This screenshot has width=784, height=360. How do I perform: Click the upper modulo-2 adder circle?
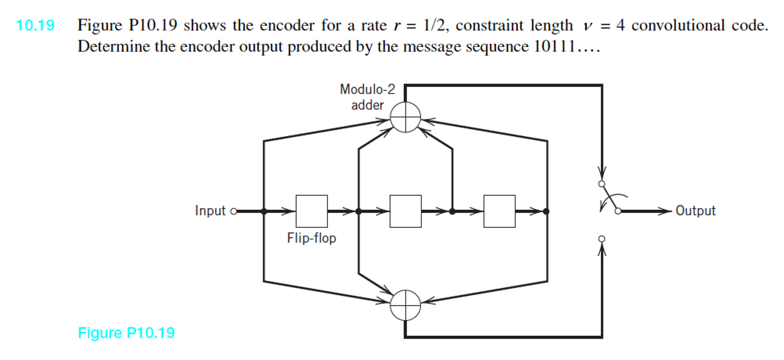(405, 117)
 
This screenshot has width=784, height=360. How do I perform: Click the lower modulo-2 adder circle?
(405, 305)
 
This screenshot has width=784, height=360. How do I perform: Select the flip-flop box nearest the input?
(312, 211)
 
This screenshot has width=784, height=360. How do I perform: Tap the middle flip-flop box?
(405, 211)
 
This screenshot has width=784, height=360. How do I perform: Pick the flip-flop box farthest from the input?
(499, 211)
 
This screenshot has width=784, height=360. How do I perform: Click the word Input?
(210, 211)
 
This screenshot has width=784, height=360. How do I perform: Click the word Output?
(695, 211)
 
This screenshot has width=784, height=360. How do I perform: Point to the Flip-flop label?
(311, 238)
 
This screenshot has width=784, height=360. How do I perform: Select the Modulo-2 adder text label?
(367, 97)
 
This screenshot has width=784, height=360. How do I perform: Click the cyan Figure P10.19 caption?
(126, 333)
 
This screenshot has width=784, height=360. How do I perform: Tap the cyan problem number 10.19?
(35, 26)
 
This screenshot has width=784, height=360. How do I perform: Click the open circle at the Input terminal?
(234, 211)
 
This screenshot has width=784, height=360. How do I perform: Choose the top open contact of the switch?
(602, 184)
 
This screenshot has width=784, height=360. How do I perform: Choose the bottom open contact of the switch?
(602, 239)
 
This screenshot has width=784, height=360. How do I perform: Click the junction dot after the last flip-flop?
(546, 211)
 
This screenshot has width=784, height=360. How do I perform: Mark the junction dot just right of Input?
(264, 211)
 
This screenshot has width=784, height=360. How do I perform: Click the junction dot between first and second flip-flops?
(358, 211)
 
